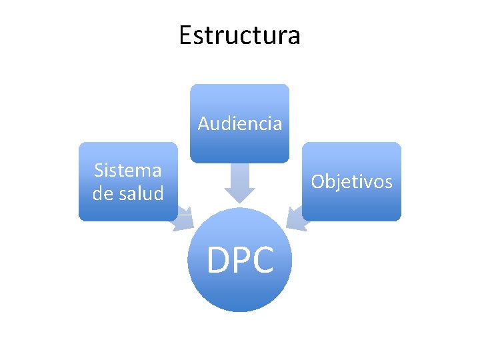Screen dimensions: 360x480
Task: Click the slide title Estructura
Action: coord(239,35)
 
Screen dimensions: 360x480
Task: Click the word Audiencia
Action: coord(239,123)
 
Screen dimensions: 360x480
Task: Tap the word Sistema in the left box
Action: coord(127,170)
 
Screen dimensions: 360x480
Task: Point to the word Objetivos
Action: coord(351,181)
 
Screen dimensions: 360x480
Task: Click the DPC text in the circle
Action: coord(240,260)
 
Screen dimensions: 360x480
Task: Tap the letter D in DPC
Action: coord(219,260)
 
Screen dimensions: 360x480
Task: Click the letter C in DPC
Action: coord(263,260)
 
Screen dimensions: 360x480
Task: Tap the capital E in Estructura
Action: coord(185,35)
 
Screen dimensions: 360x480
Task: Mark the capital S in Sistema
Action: coord(99,170)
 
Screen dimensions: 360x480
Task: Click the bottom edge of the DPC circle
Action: coord(240,311)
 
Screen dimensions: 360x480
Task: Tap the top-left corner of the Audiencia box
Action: coord(192,85)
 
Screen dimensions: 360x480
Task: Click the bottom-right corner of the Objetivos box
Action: coord(400,219)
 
